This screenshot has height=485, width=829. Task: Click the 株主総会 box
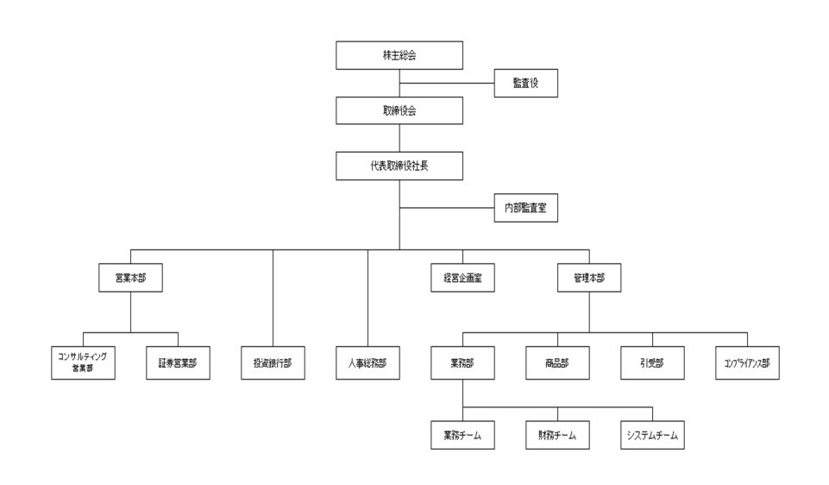point(399,55)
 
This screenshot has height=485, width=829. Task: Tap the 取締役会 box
point(399,110)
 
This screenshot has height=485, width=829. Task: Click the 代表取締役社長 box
point(399,165)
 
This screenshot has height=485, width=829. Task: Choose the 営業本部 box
point(130,278)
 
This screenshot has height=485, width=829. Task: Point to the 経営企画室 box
point(462,278)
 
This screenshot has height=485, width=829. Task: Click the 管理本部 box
point(589,278)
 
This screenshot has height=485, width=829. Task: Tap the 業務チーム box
point(462,435)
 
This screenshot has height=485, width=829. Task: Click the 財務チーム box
point(557,435)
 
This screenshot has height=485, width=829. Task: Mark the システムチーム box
point(652,435)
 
